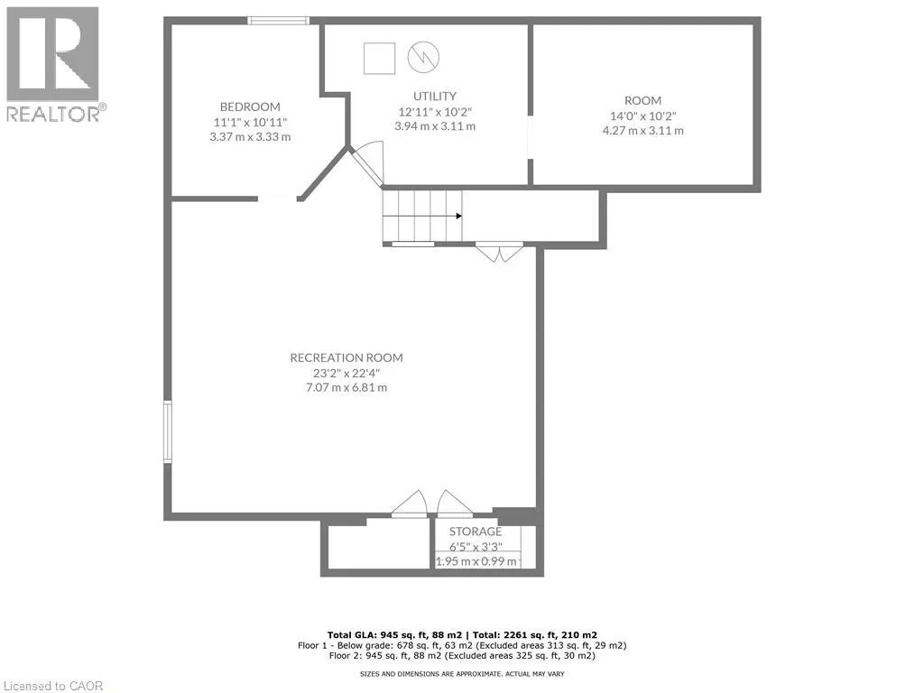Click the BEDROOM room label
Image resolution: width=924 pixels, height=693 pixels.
pyautogui.click(x=250, y=106)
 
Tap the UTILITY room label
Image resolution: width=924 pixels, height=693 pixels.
pyautogui.click(x=435, y=96)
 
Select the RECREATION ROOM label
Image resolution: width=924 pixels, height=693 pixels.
pyautogui.click(x=346, y=357)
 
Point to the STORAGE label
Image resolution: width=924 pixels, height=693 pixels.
pyautogui.click(x=476, y=531)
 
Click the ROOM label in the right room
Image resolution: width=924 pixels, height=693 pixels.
pyautogui.click(x=642, y=100)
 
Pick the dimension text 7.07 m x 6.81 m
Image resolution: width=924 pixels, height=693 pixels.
pyautogui.click(x=346, y=387)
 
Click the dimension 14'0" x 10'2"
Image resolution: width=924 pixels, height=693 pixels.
pyautogui.click(x=642, y=115)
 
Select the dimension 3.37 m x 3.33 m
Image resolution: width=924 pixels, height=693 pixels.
pyautogui.click(x=250, y=136)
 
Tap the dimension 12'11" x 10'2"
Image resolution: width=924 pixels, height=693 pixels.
pyautogui.click(x=435, y=111)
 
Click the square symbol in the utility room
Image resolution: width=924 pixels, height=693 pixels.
pyautogui.click(x=379, y=59)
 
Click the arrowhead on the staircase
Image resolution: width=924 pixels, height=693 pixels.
pyautogui.click(x=458, y=216)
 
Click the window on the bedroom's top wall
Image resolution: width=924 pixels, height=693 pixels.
pyautogui.click(x=279, y=20)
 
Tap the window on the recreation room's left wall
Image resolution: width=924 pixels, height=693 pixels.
pyautogui.click(x=168, y=432)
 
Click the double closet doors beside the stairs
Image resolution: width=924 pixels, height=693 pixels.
pyautogui.click(x=499, y=252)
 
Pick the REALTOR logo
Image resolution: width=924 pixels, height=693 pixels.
pyautogui.click(x=54, y=63)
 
